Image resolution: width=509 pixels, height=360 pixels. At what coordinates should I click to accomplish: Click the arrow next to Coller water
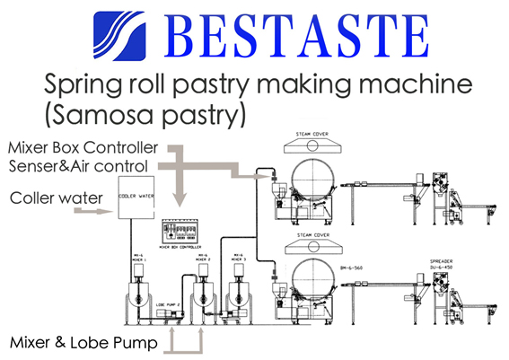coord(91,213)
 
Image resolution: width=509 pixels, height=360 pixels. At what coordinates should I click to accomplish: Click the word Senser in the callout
coord(31,165)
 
